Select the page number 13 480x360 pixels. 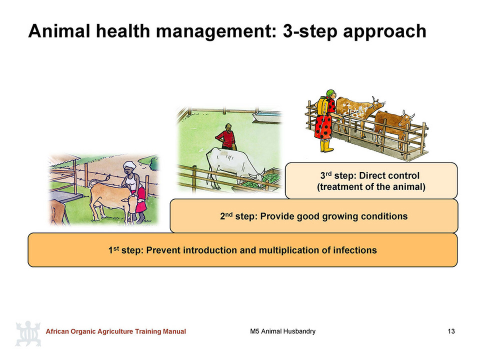tap(451, 331)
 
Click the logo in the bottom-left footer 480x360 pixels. tap(28, 333)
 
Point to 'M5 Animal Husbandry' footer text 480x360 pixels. tap(282, 331)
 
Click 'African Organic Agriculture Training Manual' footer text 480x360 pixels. tap(115, 331)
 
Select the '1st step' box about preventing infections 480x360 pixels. tap(242, 250)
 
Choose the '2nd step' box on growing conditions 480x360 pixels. tap(314, 216)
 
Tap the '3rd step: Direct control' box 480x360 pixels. tap(371, 180)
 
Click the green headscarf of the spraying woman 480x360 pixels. tap(330, 93)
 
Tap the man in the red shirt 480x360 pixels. tap(226, 136)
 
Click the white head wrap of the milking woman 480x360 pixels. tap(129, 165)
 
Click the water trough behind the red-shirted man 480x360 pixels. tap(267, 116)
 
